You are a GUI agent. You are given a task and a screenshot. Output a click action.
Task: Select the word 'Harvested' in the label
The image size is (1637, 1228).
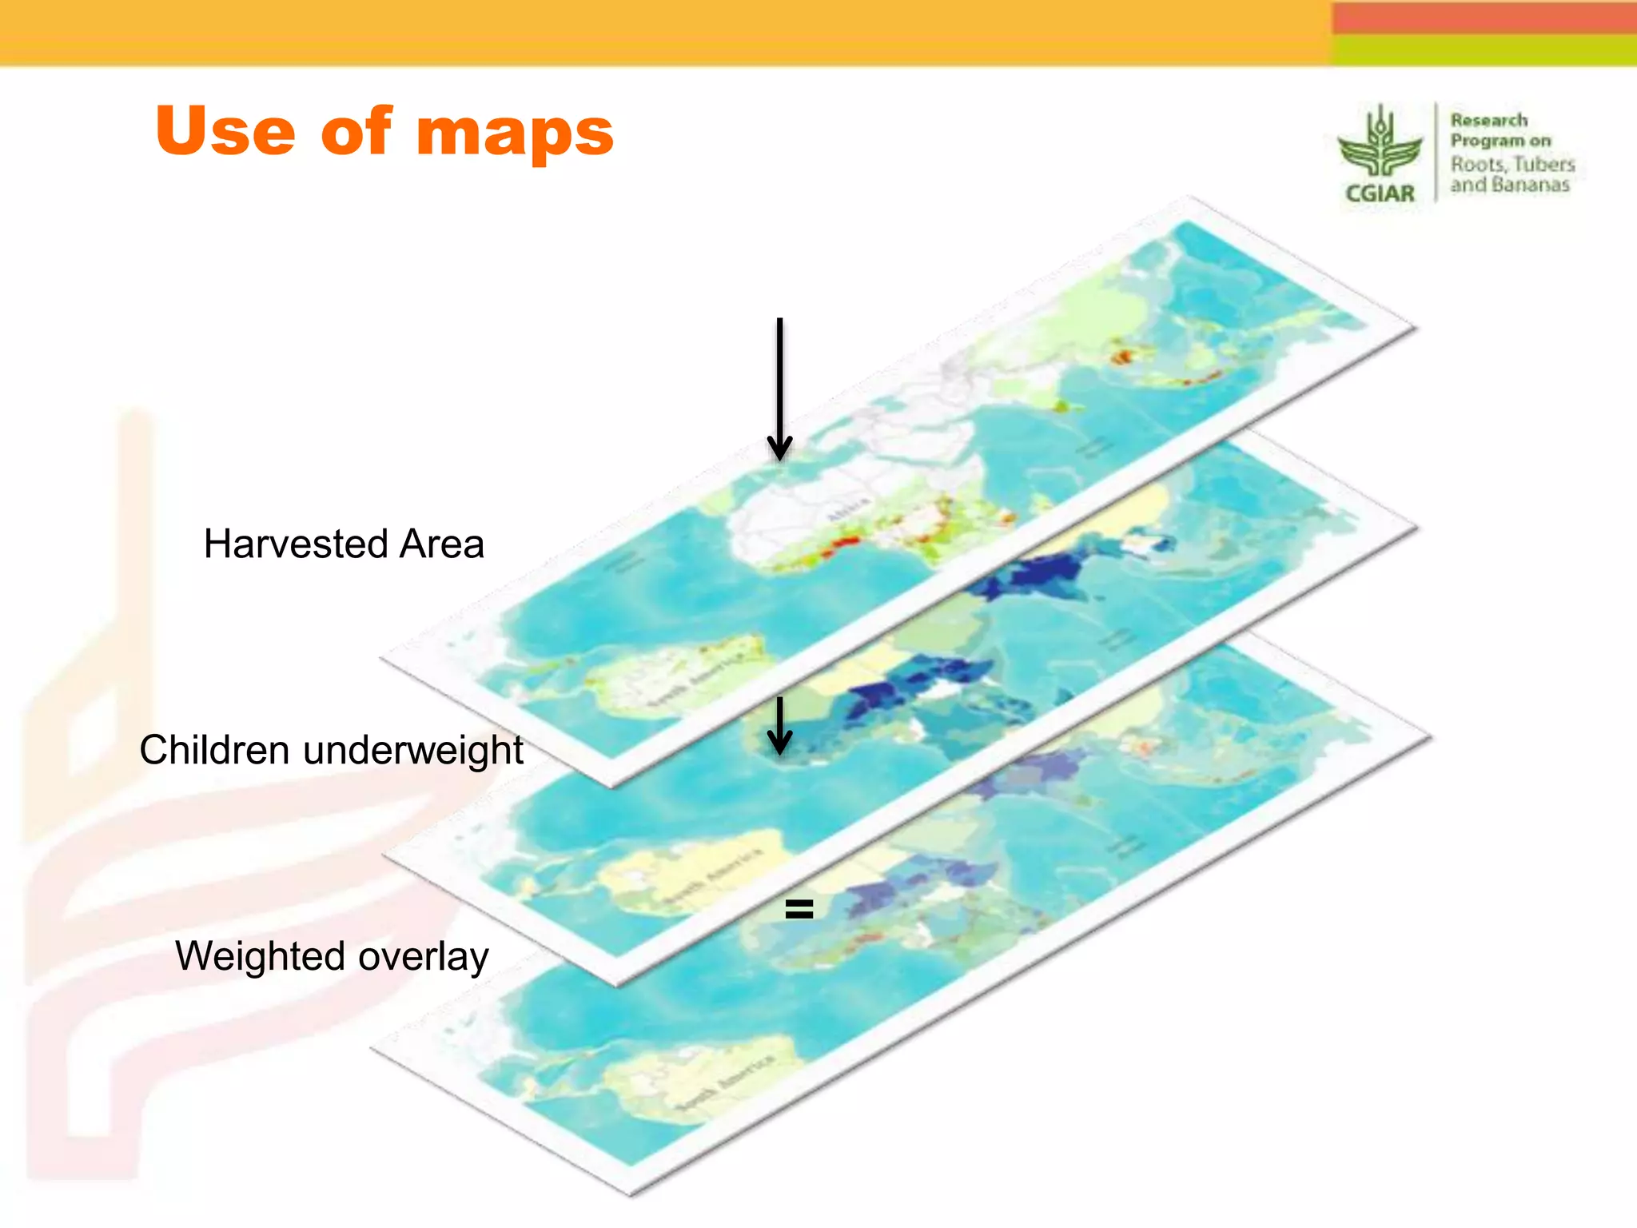295,544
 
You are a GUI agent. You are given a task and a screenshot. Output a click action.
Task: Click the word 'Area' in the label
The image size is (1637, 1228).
442,544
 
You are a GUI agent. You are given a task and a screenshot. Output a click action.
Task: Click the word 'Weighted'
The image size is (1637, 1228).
261,956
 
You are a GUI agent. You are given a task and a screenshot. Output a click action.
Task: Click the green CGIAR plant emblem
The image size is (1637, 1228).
1380,144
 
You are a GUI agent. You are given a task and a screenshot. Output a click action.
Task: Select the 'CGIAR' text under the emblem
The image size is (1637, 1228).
1380,193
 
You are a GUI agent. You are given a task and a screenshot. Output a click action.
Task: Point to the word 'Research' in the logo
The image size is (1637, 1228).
1489,120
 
